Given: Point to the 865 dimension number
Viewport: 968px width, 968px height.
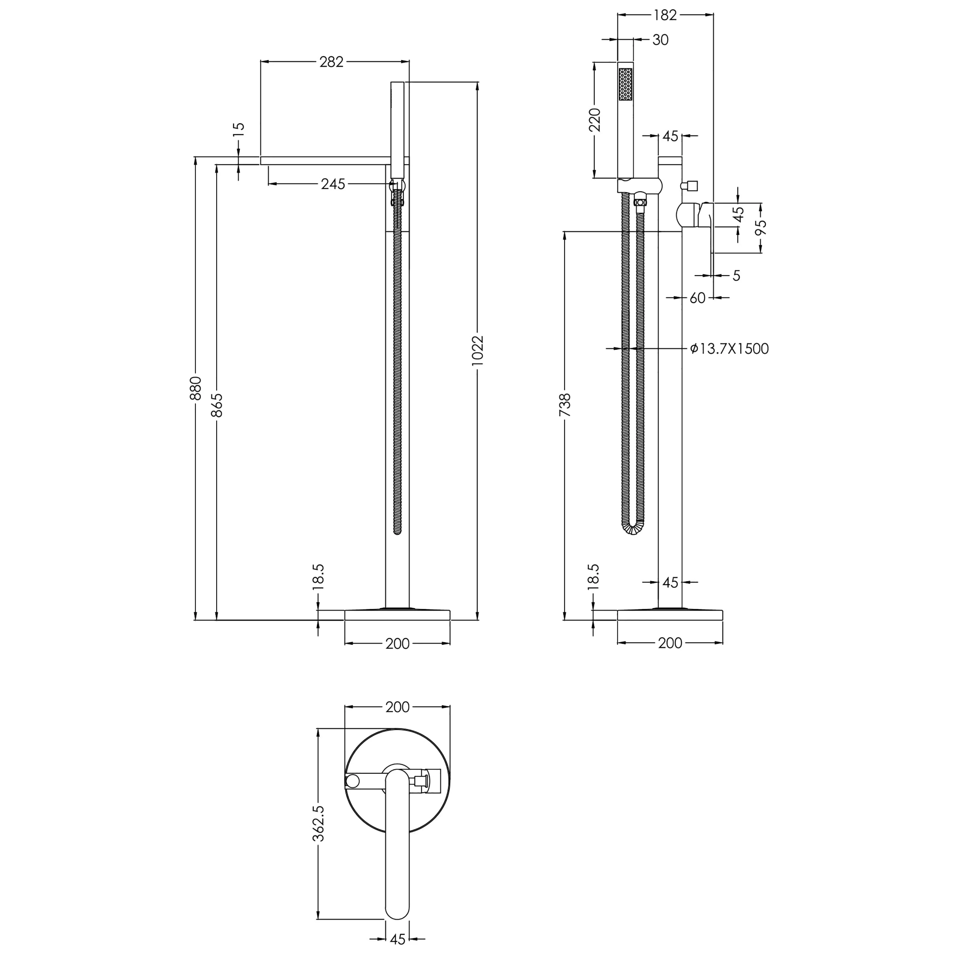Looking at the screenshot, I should coord(217,405).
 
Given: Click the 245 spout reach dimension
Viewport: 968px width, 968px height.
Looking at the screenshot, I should coord(333,184).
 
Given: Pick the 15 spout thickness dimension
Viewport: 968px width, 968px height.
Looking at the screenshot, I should coord(239,127).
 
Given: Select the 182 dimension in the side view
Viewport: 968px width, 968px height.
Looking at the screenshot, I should coord(665,15).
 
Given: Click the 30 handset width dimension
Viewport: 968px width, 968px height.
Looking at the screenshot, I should coord(660,40).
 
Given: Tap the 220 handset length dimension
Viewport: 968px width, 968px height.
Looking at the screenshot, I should coord(595,120).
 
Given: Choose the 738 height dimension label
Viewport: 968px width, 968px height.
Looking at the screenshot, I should coord(565,405).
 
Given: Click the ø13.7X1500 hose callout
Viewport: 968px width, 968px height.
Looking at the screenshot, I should coord(729,349).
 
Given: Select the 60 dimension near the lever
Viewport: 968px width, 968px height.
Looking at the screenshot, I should coord(697,298).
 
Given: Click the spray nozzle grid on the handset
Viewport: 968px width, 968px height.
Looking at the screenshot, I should coord(625,84).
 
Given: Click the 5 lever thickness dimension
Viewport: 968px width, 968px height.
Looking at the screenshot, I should coord(736,276).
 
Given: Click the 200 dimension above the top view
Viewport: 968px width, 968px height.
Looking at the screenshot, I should coord(397,707).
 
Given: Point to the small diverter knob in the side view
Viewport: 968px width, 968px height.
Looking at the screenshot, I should coord(691,186).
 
